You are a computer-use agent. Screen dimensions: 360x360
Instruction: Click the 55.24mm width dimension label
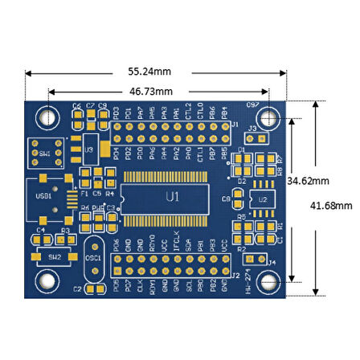point(155,70)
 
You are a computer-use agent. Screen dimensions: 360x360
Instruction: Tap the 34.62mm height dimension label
point(309,181)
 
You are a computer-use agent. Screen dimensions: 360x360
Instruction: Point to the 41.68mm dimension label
point(331,205)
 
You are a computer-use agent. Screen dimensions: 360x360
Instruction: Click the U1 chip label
point(172,197)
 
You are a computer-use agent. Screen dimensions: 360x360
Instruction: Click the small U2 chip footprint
point(260,198)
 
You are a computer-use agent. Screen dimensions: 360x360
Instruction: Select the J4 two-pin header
point(255,260)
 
